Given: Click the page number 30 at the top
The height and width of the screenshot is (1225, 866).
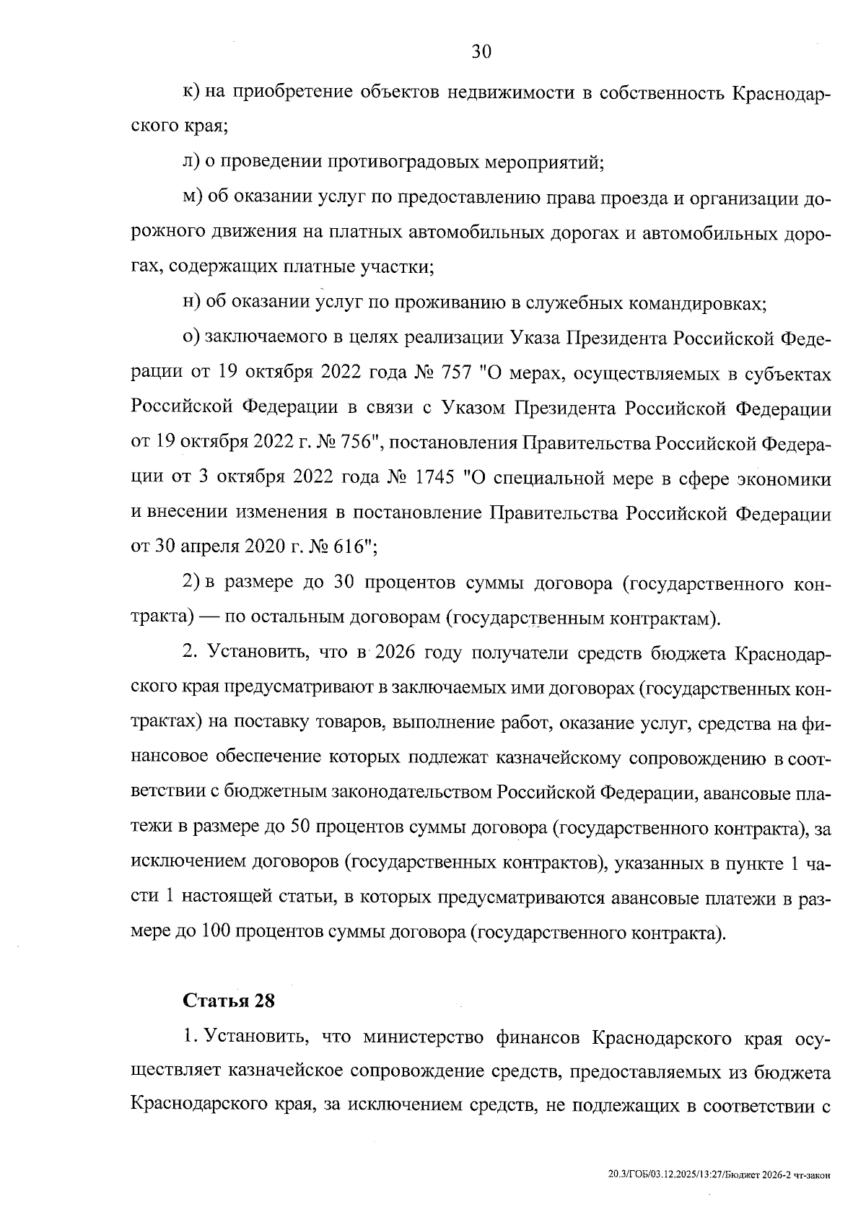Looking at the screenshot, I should (x=481, y=51).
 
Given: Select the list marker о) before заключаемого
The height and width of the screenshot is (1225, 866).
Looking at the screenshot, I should (x=191, y=339).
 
